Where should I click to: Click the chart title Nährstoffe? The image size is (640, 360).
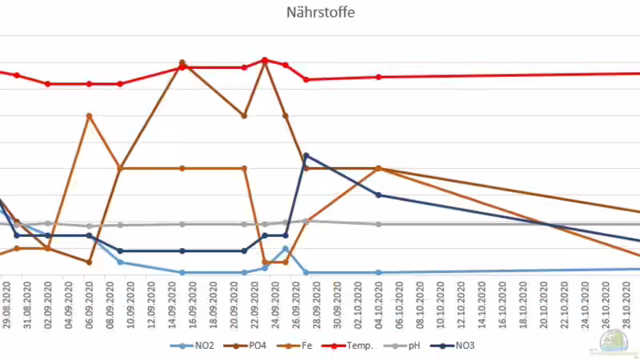point(320,13)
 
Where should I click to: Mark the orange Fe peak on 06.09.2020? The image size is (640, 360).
point(89,116)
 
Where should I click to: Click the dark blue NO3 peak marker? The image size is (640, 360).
point(306,156)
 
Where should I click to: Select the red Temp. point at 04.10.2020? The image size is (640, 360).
point(378,77)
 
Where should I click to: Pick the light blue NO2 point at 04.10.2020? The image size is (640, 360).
point(378,272)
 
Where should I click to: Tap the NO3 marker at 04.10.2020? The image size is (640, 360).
point(378,195)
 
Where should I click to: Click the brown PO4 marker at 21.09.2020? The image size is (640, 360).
point(244,115)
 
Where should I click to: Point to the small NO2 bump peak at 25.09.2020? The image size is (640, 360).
point(286,249)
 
